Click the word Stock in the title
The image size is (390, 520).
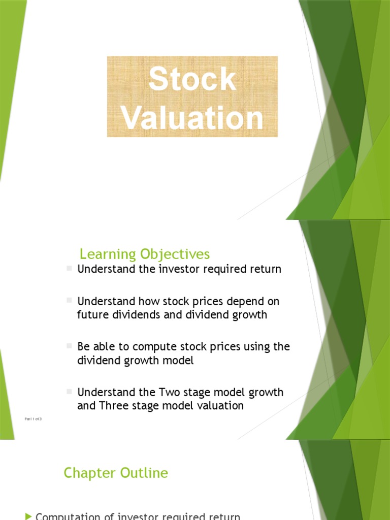coord(192,80)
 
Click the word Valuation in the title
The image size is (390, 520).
coord(192,118)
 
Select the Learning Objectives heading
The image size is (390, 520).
coord(145,254)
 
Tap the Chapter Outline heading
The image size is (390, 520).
coord(116,473)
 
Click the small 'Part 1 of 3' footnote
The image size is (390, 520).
coord(34,418)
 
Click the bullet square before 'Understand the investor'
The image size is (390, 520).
coord(70,268)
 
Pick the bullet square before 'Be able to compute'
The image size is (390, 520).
coord(70,346)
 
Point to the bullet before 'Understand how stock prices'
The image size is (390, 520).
coord(70,300)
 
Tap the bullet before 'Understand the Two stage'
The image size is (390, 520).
coord(70,392)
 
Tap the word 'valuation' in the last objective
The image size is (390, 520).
coord(220,406)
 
